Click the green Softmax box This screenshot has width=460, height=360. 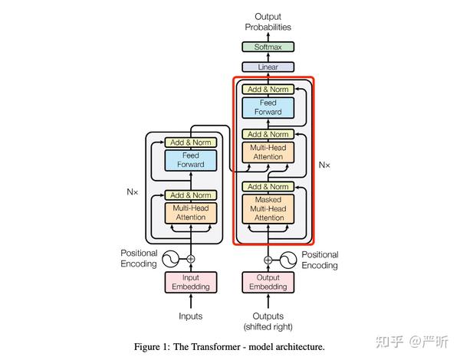coord(268,47)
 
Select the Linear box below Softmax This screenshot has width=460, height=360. coord(268,67)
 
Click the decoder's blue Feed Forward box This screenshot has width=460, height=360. coord(268,107)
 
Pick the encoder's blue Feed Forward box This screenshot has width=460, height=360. coord(191,160)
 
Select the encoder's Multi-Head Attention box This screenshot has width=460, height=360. coord(191,212)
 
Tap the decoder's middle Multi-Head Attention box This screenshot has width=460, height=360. coord(268,152)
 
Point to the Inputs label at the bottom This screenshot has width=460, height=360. coord(191,316)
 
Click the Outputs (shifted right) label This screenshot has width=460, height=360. coord(268,322)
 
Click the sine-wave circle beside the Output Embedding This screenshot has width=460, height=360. coord(290,259)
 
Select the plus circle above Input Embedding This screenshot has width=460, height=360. coord(191,259)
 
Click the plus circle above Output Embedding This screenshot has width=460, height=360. coord(268,259)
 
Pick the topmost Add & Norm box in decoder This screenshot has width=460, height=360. coord(268,89)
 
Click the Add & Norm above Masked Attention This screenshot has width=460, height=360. coord(268,187)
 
